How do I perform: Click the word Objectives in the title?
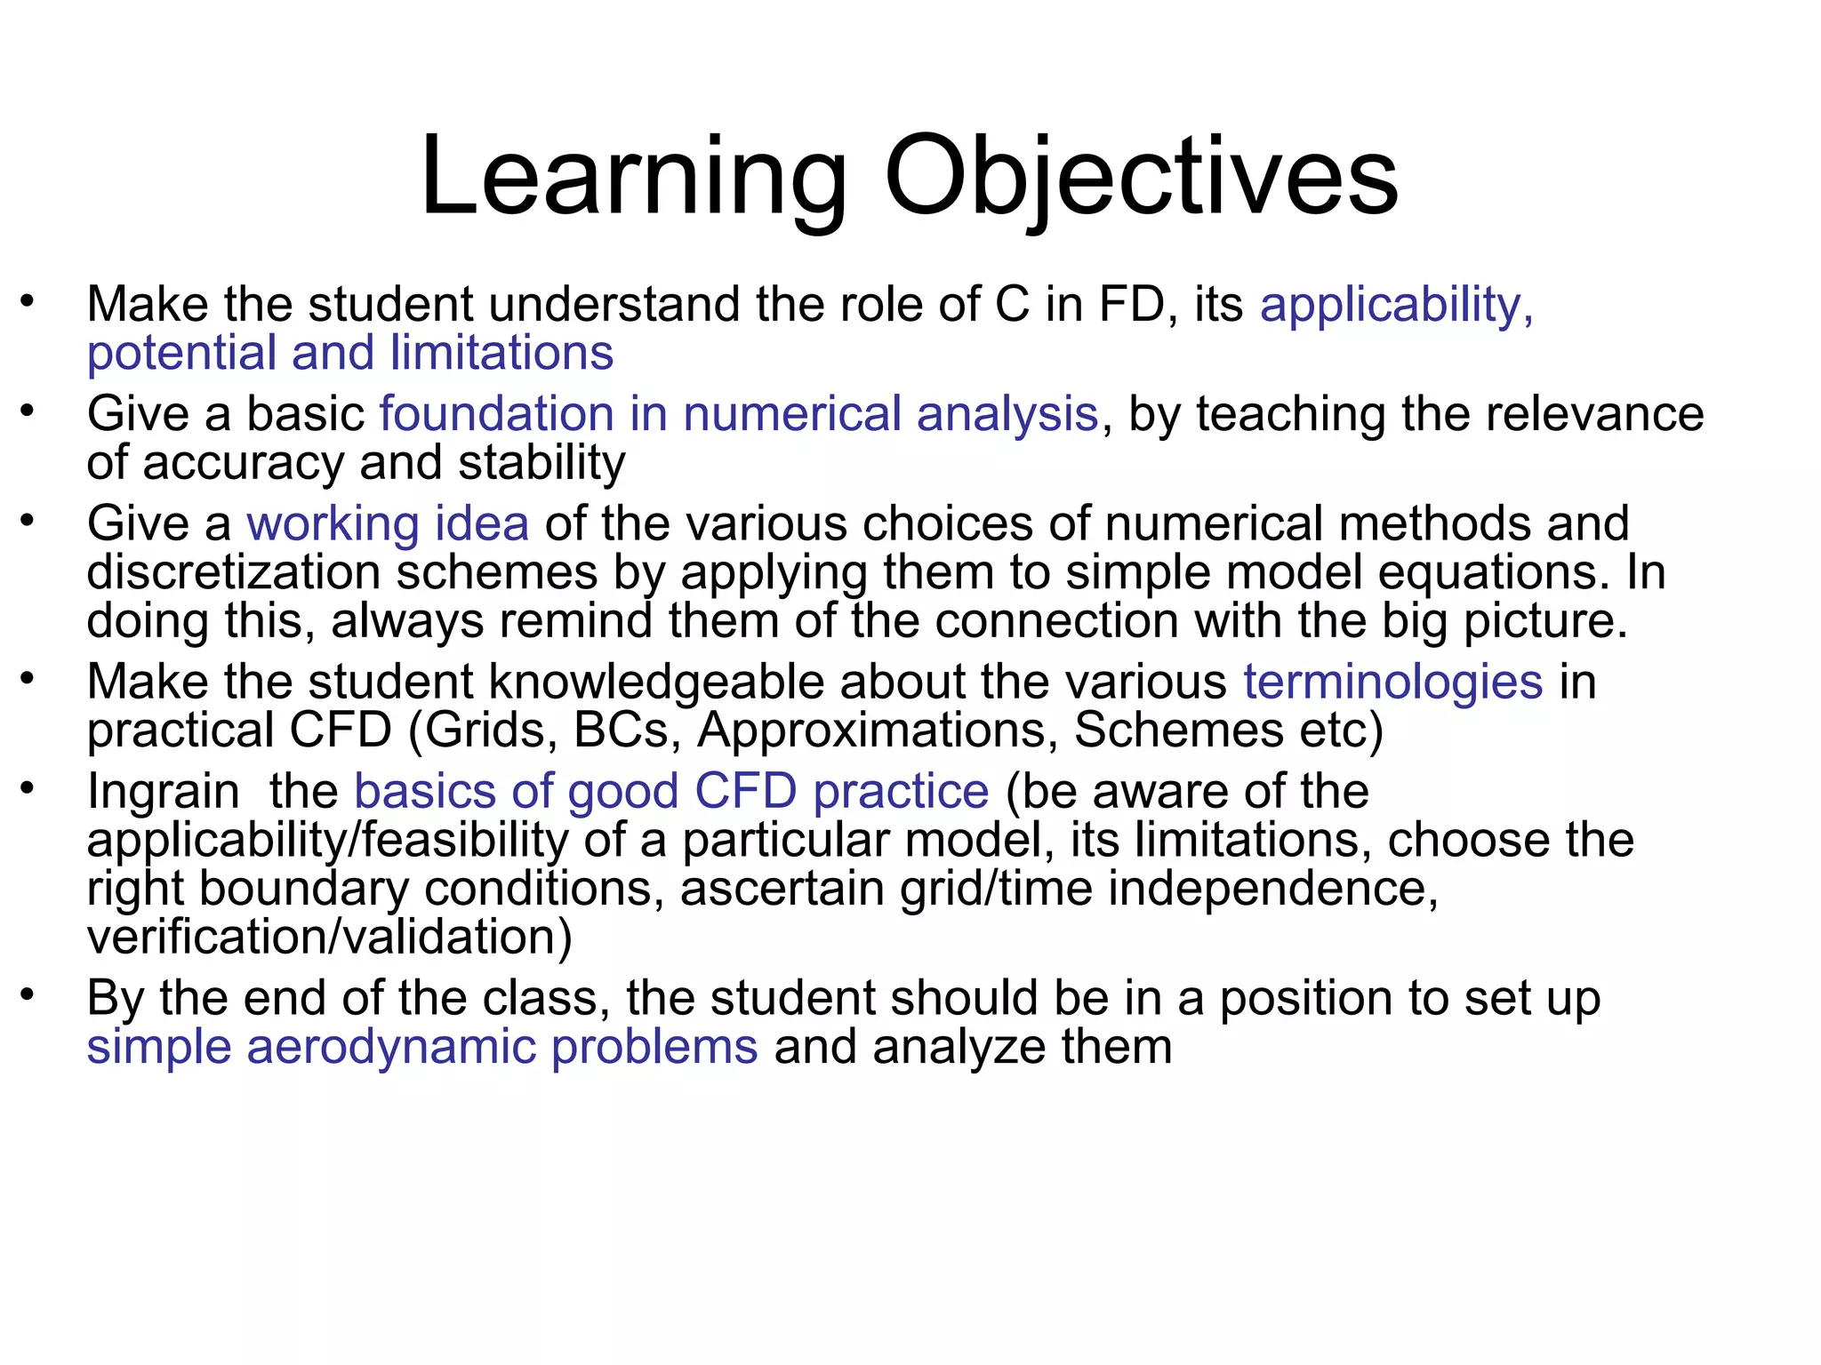point(1141,178)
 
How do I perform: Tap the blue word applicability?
point(1397,305)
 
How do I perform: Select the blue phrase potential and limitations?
point(350,353)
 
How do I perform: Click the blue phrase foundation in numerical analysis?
point(739,414)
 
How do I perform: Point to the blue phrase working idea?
point(388,523)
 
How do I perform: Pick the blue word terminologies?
point(1392,682)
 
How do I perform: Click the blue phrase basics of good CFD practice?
point(671,791)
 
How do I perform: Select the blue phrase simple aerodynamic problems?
point(422,1047)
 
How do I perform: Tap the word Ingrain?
point(164,791)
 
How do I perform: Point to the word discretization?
point(234,572)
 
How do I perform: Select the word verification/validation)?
point(330,937)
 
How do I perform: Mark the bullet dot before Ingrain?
point(28,787)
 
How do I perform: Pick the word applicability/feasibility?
point(327,840)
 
